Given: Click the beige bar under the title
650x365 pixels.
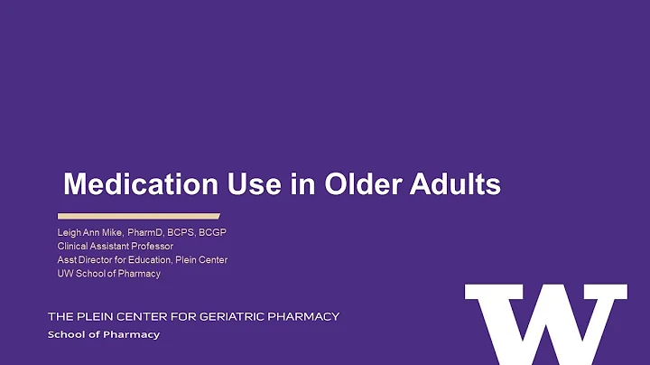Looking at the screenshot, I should coord(138,216).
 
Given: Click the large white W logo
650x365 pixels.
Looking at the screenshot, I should coord(545,323).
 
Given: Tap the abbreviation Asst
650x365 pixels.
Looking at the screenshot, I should coord(67,260).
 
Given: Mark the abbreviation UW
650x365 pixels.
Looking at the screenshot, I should coord(65,274).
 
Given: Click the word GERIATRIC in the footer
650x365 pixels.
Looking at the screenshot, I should coord(243,316).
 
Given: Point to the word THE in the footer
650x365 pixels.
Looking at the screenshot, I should coord(60,316).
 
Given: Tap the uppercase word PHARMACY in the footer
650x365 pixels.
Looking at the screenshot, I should coord(308,316).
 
